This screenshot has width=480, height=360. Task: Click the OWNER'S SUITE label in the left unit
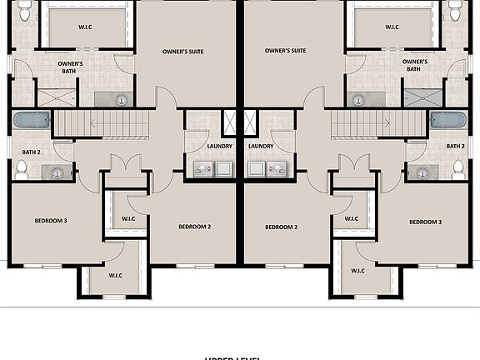pyautogui.click(x=182, y=51)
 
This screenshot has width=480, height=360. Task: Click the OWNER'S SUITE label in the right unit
pyautogui.click(x=285, y=51)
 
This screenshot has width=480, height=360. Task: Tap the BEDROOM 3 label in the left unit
pyautogui.click(x=50, y=221)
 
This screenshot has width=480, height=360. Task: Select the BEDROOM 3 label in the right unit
pyautogui.click(x=425, y=222)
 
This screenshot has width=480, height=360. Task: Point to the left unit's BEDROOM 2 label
pyautogui.click(x=193, y=227)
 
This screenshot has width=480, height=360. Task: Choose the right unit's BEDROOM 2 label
pyautogui.click(x=282, y=227)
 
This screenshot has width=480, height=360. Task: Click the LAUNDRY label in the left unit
pyautogui.click(x=219, y=147)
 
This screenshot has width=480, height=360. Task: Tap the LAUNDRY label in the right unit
pyautogui.click(x=261, y=147)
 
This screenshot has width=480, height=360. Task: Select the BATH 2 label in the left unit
pyautogui.click(x=32, y=152)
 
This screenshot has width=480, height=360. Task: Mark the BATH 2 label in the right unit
pyautogui.click(x=455, y=147)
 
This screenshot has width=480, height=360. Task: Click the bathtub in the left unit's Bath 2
pyautogui.click(x=32, y=120)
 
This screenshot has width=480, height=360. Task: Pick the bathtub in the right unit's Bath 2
pyautogui.click(x=448, y=120)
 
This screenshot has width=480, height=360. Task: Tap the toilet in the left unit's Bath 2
pyautogui.click(x=22, y=169)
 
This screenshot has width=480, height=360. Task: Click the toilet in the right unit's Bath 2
pyautogui.click(x=457, y=169)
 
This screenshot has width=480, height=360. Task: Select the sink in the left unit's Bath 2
pyautogui.click(x=57, y=173)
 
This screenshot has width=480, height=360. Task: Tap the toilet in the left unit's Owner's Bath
pyautogui.click(x=24, y=11)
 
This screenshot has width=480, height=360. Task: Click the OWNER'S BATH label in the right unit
pyautogui.click(x=415, y=66)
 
